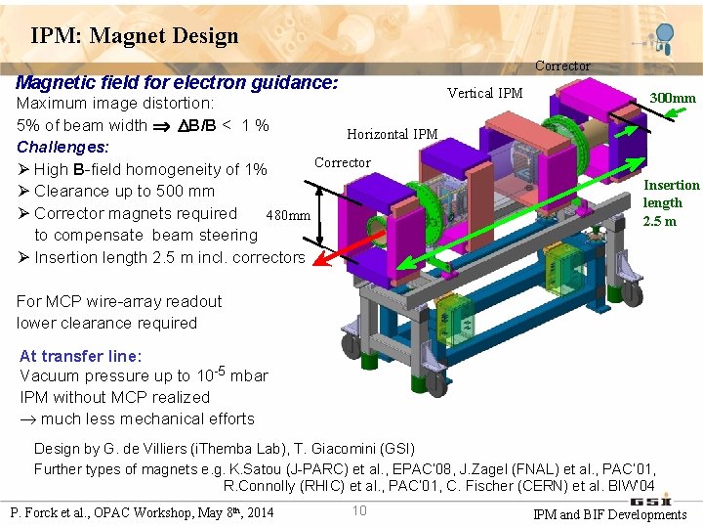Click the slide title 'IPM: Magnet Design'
pyautogui.click(x=135, y=37)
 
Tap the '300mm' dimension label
pyautogui.click(x=673, y=98)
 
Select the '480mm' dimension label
pyautogui.click(x=289, y=216)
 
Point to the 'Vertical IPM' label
pyautogui.click(x=484, y=94)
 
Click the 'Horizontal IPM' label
pyautogui.click(x=392, y=135)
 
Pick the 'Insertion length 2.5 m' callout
pyautogui.click(x=671, y=202)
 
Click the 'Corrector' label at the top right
pyautogui.click(x=562, y=66)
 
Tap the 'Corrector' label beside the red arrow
pyautogui.click(x=342, y=162)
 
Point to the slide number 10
pyautogui.click(x=359, y=509)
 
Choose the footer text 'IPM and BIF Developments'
pyautogui.click(x=609, y=514)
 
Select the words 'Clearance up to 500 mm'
pyautogui.click(x=124, y=191)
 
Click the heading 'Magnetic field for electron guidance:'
pyautogui.click(x=177, y=82)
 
